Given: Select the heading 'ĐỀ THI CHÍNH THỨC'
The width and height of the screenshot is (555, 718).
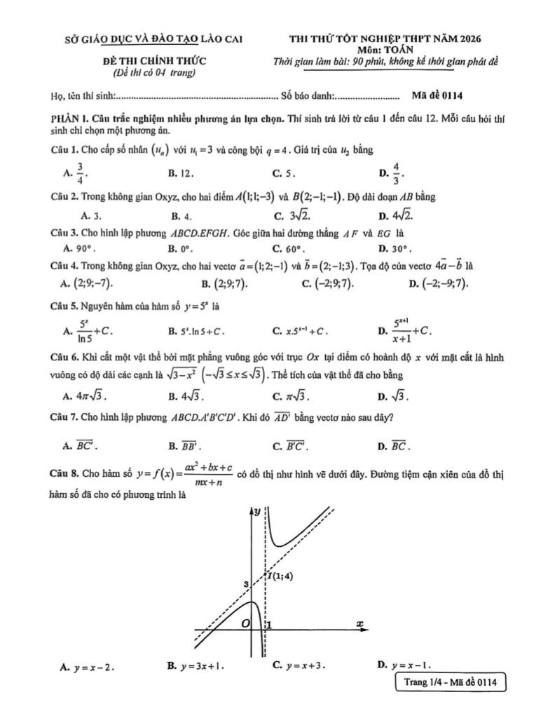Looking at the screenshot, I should click(154, 61).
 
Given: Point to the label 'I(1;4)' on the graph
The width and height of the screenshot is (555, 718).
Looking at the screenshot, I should click(280, 576).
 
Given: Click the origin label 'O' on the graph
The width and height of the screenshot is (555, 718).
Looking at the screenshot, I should click(245, 623).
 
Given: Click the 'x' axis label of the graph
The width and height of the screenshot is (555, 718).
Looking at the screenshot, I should click(359, 623).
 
